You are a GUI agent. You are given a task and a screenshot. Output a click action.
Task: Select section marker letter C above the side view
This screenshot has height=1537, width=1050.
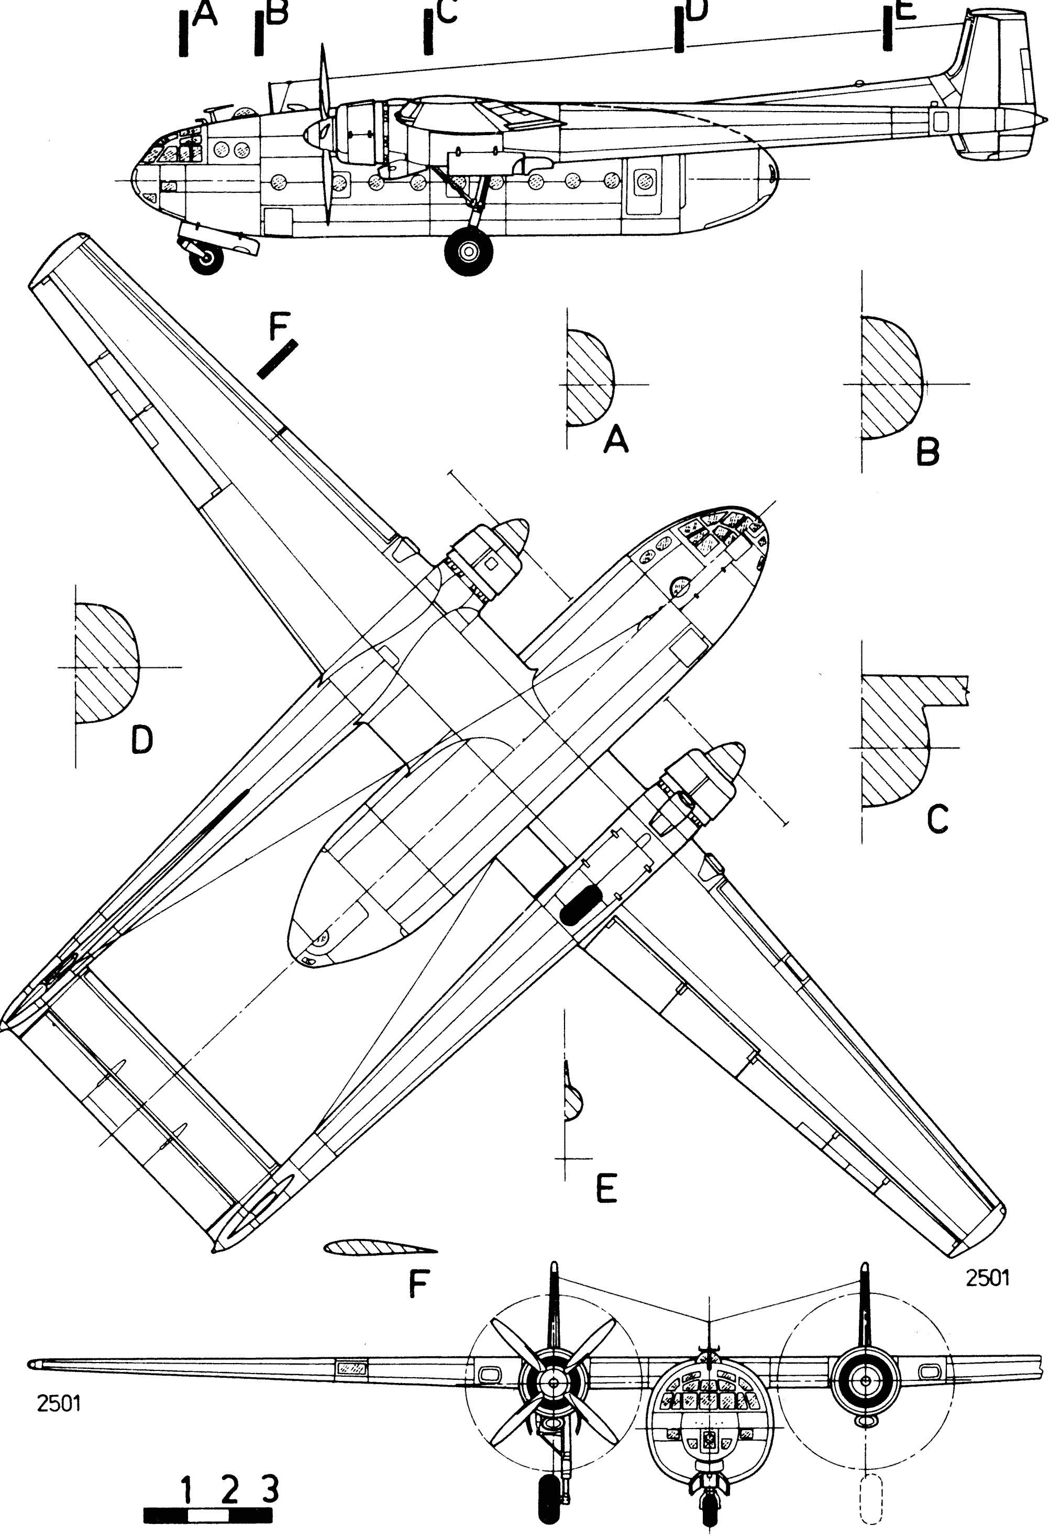tap(447, 12)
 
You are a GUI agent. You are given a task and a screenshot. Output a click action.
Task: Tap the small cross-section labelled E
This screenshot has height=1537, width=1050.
tap(572, 1103)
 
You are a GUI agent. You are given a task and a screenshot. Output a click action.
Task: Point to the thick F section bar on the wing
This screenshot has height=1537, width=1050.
tap(277, 360)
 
